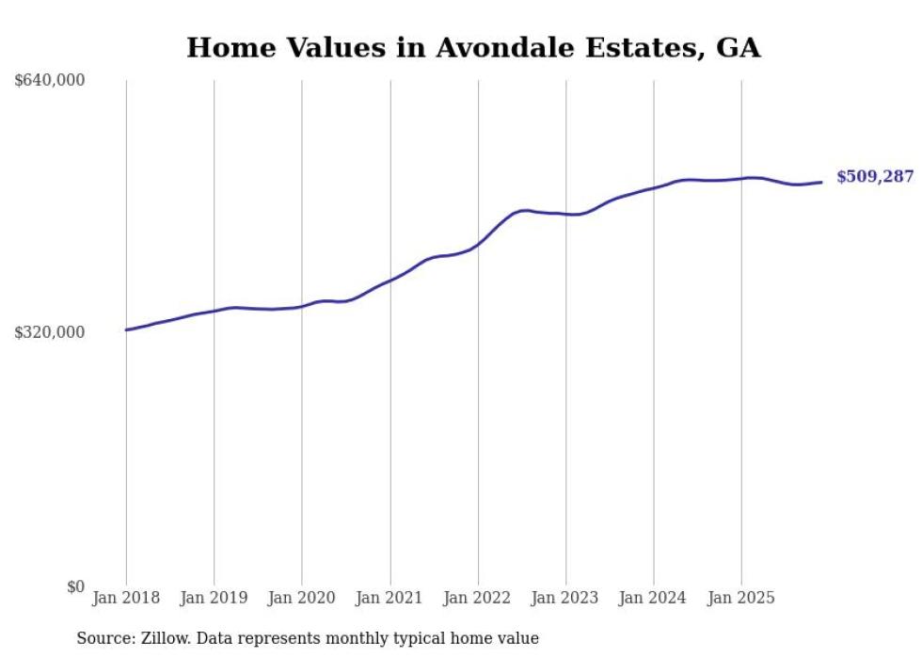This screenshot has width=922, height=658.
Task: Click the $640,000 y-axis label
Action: pos(50,81)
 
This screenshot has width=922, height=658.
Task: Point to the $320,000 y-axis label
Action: pos(50,332)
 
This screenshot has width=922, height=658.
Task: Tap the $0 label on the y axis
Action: pos(75,587)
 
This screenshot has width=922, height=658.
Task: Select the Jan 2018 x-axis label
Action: pos(126,598)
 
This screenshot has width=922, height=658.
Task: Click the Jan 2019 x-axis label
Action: pos(214,598)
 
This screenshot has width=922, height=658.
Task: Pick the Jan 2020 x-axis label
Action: pos(302,598)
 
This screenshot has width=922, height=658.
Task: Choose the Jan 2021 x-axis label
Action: pos(389,598)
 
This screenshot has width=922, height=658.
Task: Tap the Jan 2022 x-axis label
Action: pos(478,598)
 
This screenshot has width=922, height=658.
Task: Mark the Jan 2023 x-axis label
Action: pos(565,598)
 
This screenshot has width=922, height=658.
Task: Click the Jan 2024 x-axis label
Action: pos(654,598)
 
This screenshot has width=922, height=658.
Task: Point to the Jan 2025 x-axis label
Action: pos(741,598)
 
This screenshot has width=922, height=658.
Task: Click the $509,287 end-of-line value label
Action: pos(875,176)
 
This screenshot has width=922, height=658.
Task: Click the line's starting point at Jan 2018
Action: pos(126,329)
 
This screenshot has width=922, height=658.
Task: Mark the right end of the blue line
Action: pos(822,182)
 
